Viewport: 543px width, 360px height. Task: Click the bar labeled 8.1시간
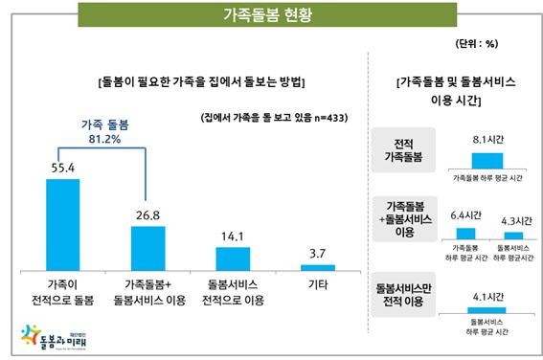488,161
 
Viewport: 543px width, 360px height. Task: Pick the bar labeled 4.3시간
513,235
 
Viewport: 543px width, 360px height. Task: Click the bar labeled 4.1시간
488,308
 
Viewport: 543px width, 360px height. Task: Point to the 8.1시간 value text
488,139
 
